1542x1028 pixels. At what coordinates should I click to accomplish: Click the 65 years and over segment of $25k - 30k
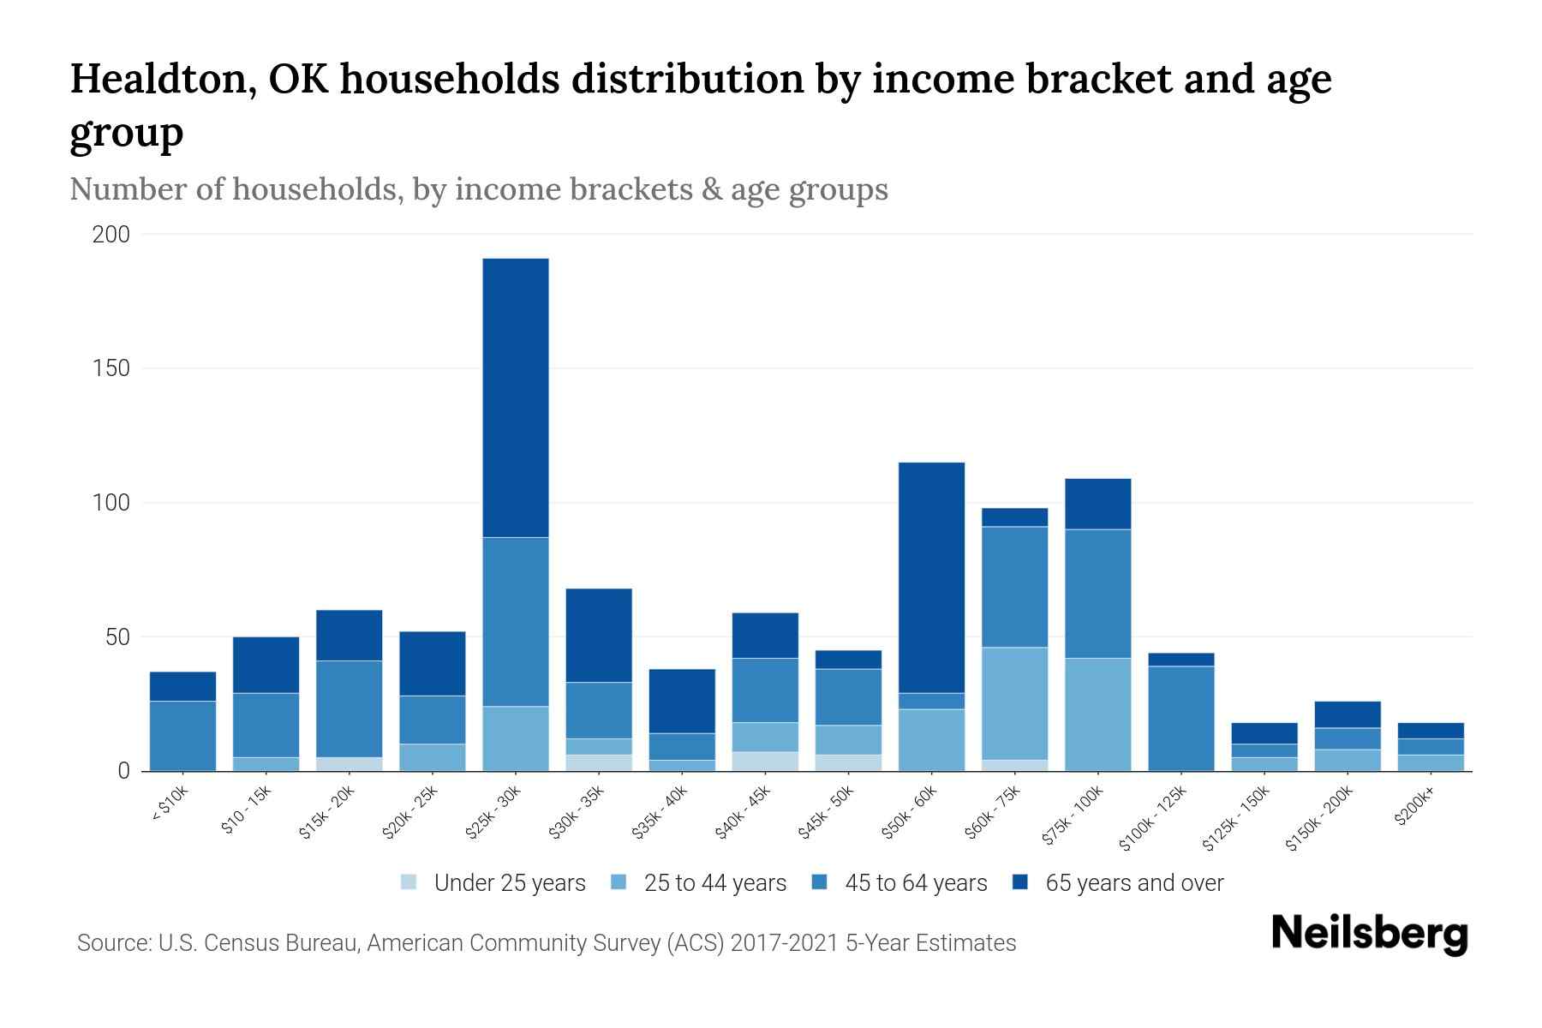[x=515, y=397]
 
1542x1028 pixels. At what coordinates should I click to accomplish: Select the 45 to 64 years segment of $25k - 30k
[x=515, y=622]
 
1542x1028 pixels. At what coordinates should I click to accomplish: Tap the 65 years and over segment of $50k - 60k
[x=931, y=577]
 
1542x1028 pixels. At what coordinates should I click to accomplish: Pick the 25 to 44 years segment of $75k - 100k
[x=1097, y=714]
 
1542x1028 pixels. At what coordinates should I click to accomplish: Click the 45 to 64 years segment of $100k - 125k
[x=1180, y=718]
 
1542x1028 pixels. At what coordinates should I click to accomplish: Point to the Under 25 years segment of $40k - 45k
[x=765, y=761]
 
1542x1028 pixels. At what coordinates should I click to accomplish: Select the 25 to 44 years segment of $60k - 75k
[x=1014, y=703]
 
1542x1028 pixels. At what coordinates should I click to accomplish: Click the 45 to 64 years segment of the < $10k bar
[x=182, y=735]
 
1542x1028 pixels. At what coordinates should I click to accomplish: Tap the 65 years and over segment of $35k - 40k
[x=682, y=701]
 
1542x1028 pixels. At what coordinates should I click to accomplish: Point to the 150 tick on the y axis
[x=111, y=368]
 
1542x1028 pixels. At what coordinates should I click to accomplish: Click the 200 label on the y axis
[x=111, y=235]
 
